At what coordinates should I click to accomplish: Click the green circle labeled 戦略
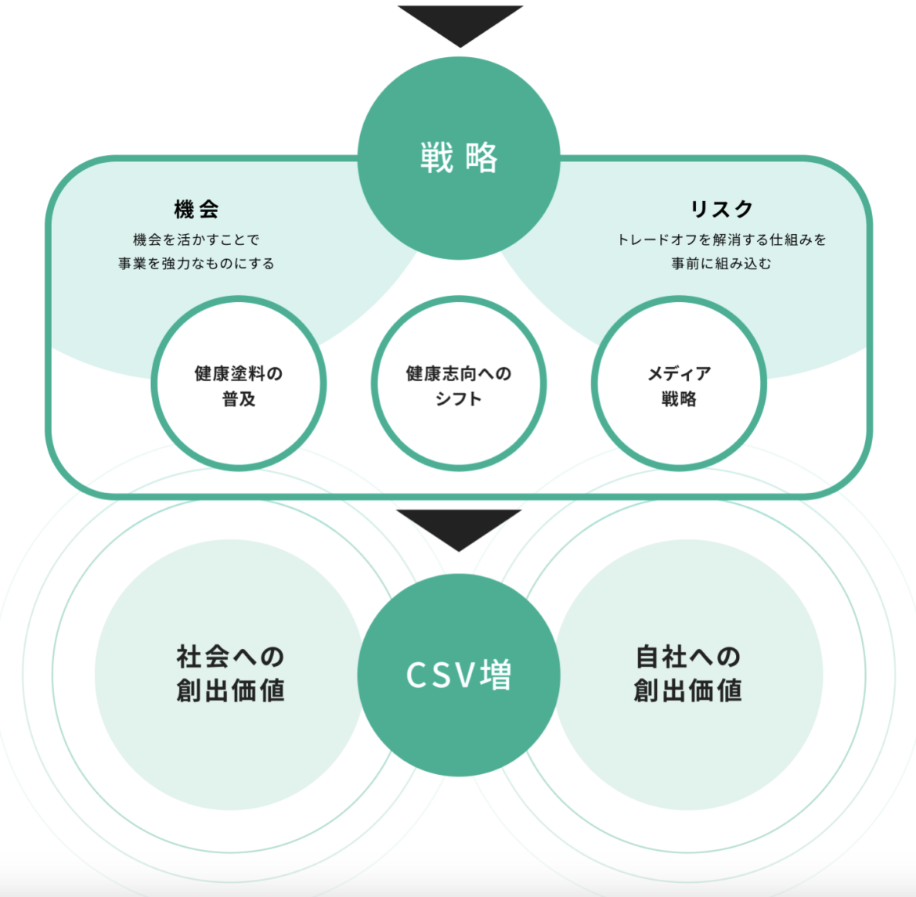(459, 158)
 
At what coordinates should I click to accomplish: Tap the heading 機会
(197, 209)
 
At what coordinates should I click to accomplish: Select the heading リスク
(721, 209)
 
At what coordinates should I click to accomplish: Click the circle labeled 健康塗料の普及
(239, 384)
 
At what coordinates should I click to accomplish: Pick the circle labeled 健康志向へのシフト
(459, 384)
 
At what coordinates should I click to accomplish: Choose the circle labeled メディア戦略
(679, 384)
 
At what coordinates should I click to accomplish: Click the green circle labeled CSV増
(459, 675)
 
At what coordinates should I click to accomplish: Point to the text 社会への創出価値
(230, 674)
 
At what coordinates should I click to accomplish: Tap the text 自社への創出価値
(687, 674)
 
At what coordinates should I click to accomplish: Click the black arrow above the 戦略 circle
(460, 22)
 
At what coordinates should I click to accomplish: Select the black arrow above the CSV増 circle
(459, 526)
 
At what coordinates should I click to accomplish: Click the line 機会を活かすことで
(197, 240)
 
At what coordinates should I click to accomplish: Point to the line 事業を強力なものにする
(197, 264)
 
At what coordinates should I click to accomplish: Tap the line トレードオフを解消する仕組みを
(721, 240)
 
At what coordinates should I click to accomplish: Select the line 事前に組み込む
(721, 264)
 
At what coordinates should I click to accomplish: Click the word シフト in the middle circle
(459, 398)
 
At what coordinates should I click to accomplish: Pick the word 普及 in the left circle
(239, 398)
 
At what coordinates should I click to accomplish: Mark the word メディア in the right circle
(679, 373)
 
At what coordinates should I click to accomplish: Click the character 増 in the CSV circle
(496, 675)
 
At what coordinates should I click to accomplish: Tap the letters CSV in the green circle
(441, 675)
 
